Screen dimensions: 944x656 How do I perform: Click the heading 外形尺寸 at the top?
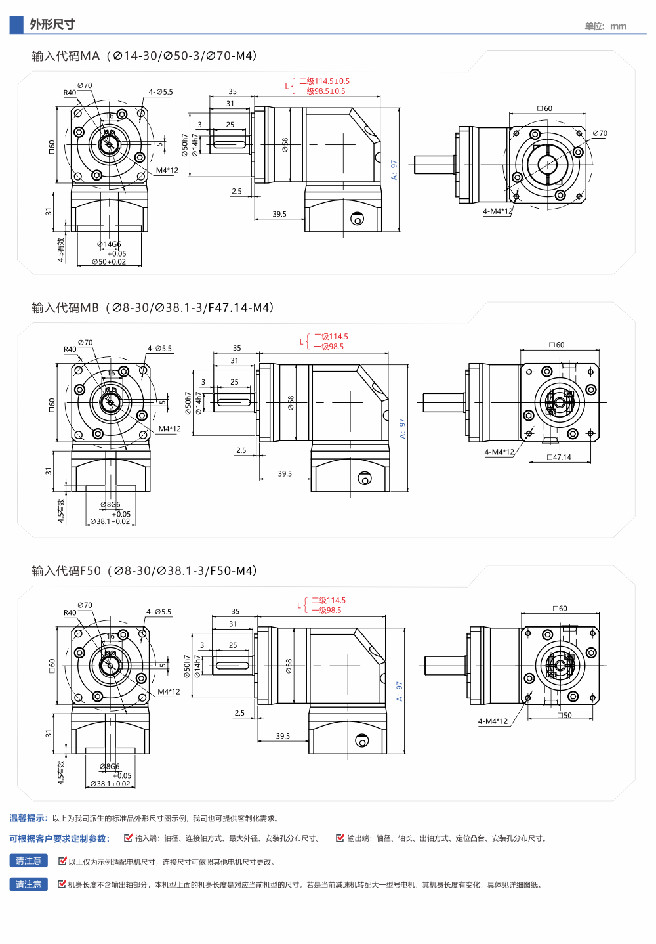(x=52, y=24)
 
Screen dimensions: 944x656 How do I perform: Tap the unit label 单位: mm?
(x=605, y=26)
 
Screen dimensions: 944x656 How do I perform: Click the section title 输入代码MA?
(x=66, y=56)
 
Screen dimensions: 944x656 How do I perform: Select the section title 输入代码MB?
(x=65, y=308)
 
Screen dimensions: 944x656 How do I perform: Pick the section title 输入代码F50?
(x=66, y=571)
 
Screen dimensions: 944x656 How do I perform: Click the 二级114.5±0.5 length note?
(x=325, y=81)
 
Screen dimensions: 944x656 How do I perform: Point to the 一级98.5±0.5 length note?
(x=323, y=91)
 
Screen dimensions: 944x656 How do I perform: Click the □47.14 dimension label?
(x=559, y=457)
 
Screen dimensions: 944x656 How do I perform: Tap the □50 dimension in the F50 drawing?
(x=564, y=715)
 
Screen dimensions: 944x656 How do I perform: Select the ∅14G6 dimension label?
(x=109, y=244)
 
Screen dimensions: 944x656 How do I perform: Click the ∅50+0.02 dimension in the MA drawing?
(x=109, y=262)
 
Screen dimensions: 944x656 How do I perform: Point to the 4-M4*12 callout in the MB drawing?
(x=499, y=452)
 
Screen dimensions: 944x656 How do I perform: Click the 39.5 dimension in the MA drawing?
(x=279, y=214)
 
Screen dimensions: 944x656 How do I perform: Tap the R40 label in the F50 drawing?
(x=70, y=612)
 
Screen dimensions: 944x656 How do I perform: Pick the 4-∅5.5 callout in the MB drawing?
(x=159, y=349)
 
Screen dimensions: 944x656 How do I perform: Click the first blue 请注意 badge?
(x=28, y=861)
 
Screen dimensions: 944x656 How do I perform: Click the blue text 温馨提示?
(x=28, y=818)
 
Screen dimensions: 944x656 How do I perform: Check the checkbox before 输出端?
(x=340, y=838)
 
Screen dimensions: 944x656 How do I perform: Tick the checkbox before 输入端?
(x=128, y=838)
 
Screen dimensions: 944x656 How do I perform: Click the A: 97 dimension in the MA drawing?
(x=394, y=170)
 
